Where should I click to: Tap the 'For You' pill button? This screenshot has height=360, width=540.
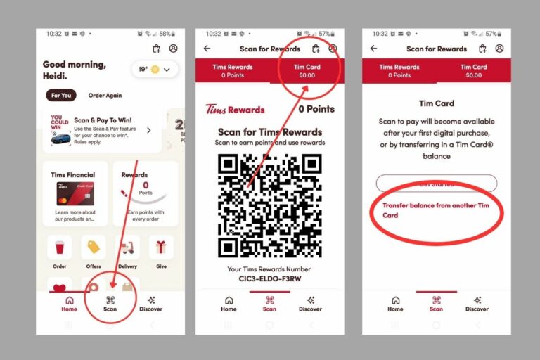click(x=62, y=96)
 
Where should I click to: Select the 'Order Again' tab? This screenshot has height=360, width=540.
click(x=105, y=96)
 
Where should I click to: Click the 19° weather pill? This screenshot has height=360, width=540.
click(x=155, y=69)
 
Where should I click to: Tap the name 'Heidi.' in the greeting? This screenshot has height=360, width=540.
click(x=56, y=75)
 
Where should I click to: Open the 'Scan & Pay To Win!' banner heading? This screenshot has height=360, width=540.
click(x=103, y=120)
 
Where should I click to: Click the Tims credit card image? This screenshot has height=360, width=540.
click(x=75, y=193)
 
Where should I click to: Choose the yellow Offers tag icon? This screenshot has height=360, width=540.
click(x=94, y=247)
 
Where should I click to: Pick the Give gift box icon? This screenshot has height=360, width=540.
click(x=161, y=247)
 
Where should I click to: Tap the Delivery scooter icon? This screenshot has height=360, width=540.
click(x=127, y=247)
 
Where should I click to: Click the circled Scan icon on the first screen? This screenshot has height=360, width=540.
click(x=110, y=300)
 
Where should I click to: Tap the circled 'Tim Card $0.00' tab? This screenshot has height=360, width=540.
click(x=307, y=71)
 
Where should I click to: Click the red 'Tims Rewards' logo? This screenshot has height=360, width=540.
click(x=235, y=110)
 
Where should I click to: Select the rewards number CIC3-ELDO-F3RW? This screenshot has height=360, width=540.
click(x=270, y=278)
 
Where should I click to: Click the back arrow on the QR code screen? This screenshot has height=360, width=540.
click(x=207, y=49)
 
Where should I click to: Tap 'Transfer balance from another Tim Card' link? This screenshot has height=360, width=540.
click(x=435, y=210)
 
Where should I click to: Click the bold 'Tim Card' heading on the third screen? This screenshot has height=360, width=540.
click(x=437, y=103)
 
